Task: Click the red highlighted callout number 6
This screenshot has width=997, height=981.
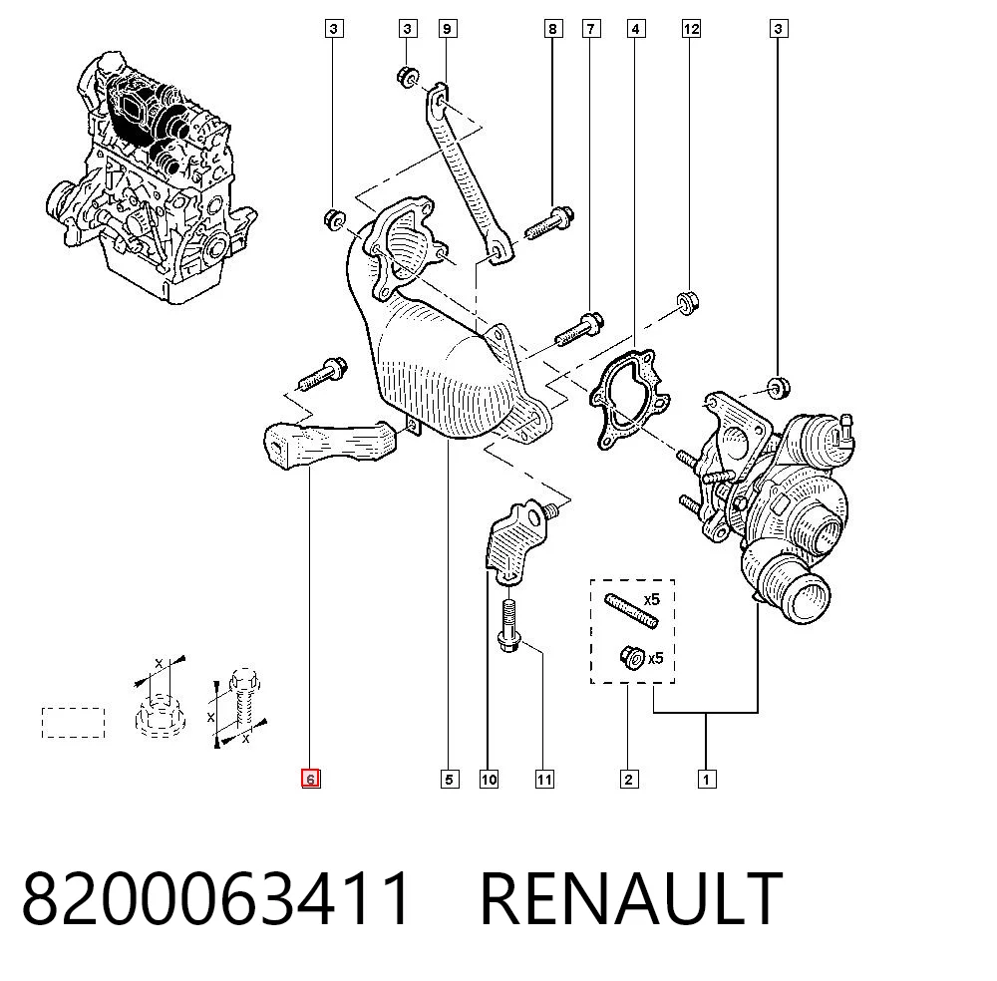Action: (x=310, y=779)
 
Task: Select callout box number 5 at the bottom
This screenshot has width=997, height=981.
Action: (x=449, y=779)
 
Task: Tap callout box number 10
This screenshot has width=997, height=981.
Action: (x=489, y=779)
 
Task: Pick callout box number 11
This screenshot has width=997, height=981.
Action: (x=544, y=779)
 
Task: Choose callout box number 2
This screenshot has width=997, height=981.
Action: (x=629, y=779)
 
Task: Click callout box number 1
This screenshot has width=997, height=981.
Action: (x=707, y=779)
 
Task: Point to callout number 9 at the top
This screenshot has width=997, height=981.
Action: (x=448, y=29)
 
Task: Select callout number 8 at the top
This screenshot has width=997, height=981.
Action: (x=553, y=29)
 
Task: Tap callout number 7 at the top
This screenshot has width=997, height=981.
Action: (x=591, y=29)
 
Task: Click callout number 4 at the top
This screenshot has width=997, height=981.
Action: (x=636, y=29)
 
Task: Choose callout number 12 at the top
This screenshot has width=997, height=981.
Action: (x=691, y=29)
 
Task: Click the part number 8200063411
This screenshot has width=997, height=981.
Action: (x=216, y=899)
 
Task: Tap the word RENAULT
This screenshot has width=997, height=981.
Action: (x=631, y=899)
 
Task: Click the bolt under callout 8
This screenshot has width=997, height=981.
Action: (x=550, y=222)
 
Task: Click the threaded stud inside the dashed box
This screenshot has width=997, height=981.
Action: (x=631, y=610)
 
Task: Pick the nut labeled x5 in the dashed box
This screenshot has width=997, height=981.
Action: (x=632, y=657)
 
